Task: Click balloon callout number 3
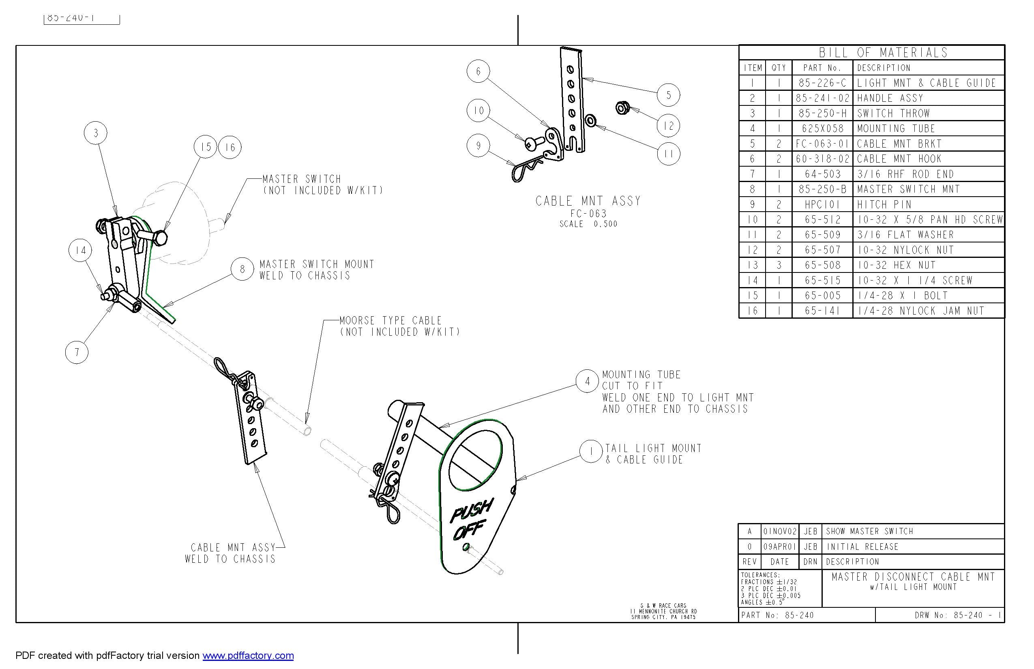tap(96, 133)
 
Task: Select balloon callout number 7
tap(77, 352)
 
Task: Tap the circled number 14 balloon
tap(80, 250)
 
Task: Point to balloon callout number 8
tap(242, 269)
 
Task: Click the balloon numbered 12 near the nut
tap(668, 126)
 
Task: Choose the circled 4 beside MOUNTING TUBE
tap(588, 382)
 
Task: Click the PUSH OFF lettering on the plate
tap(470, 521)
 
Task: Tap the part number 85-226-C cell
tap(822, 83)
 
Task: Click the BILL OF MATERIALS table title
tap(883, 53)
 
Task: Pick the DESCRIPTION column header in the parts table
tap(883, 68)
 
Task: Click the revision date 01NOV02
tap(780, 531)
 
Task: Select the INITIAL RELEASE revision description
tap(862, 547)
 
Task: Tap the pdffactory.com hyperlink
tap(248, 656)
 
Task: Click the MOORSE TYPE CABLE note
tap(390, 321)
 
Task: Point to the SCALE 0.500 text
tap(588, 224)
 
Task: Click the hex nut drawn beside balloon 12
tap(622, 107)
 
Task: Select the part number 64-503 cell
tap(822, 174)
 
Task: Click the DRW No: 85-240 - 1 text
tap(958, 615)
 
